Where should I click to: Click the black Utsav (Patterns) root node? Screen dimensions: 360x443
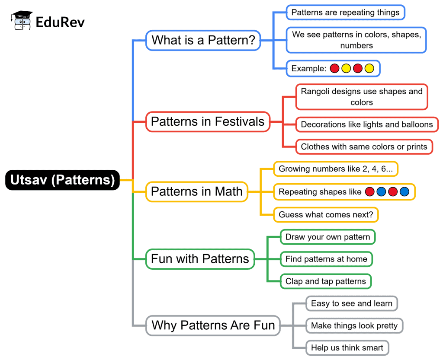[x=62, y=180]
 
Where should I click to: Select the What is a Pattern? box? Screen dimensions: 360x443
[x=203, y=41]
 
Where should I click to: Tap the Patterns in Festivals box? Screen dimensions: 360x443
[x=208, y=121]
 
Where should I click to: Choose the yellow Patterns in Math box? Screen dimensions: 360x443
[x=197, y=191]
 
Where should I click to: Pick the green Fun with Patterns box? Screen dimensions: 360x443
[x=200, y=259]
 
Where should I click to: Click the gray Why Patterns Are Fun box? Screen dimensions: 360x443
[x=213, y=325]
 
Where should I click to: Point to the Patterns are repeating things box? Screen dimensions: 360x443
[x=345, y=13]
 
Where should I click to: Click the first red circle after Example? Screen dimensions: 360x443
[x=334, y=68]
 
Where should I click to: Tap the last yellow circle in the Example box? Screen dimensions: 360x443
[x=369, y=68]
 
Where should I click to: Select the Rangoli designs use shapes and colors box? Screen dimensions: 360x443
[x=362, y=97]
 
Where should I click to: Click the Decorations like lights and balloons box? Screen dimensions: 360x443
[x=367, y=124]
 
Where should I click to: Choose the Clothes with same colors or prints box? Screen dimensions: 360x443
[x=364, y=147]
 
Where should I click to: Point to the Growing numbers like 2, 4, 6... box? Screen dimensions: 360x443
[x=336, y=169]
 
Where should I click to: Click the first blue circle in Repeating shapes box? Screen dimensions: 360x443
[x=381, y=192]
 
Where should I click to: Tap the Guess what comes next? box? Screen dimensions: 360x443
[x=326, y=214]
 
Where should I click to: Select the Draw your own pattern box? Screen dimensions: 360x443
[x=327, y=237]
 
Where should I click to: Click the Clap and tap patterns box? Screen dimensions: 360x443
[x=325, y=281]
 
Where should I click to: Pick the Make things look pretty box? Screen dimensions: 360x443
[x=354, y=325]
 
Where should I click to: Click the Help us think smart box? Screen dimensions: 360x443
[x=347, y=347]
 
